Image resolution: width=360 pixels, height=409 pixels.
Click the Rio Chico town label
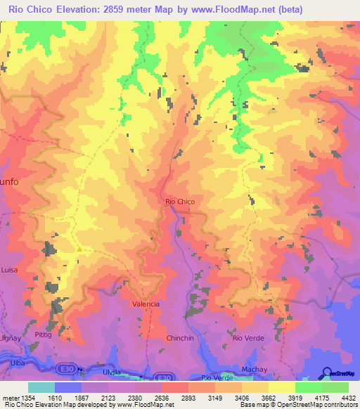point(179,202)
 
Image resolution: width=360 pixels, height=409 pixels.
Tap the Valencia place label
point(146,304)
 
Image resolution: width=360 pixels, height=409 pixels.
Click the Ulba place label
point(16,363)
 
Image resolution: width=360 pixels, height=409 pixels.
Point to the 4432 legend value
point(347,397)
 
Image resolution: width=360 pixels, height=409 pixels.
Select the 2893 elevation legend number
point(188,397)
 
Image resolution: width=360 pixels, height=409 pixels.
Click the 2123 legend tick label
point(108,397)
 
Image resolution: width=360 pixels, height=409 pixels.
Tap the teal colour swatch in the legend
point(41,387)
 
